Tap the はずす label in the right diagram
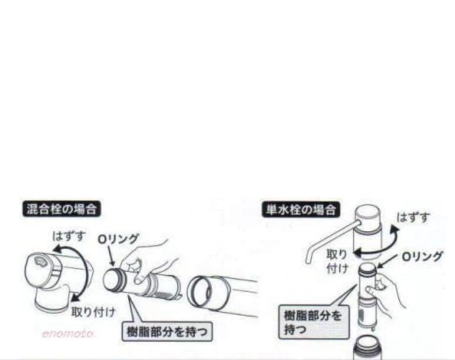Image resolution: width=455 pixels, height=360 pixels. pyautogui.click(x=413, y=217)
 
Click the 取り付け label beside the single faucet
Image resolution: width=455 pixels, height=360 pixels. pyautogui.click(x=337, y=261)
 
